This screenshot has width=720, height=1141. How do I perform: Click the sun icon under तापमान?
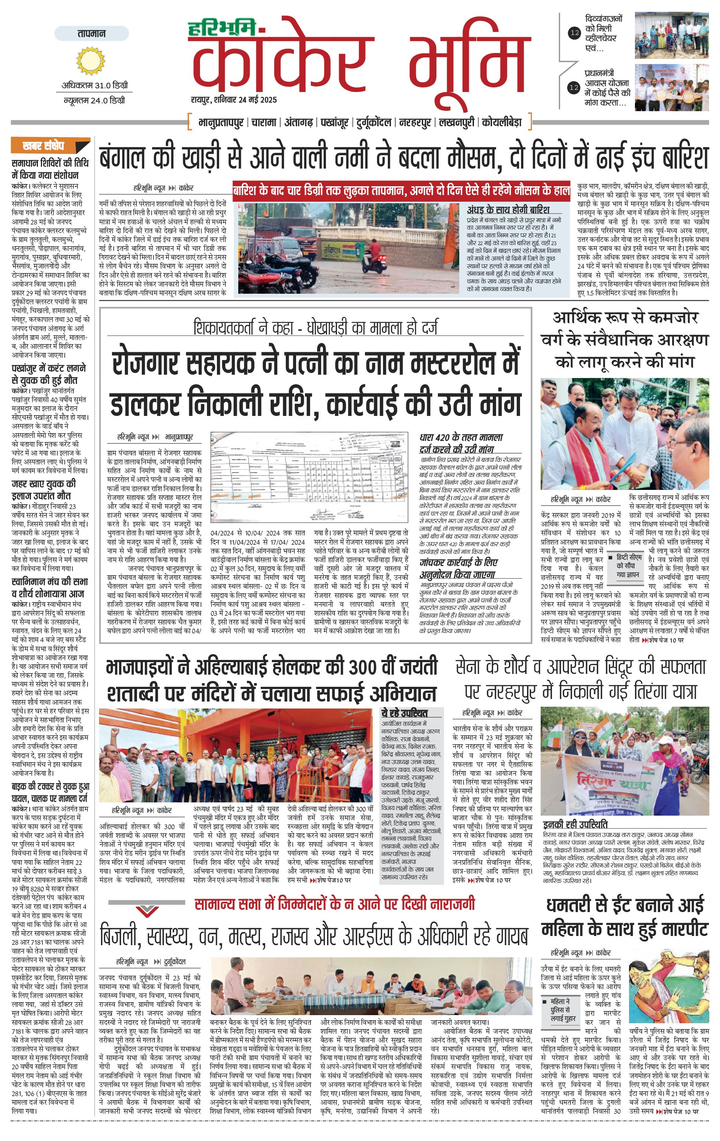click(x=90, y=61)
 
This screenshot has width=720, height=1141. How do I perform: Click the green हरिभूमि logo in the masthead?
click(x=221, y=29)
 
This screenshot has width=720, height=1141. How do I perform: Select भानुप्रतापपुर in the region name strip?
click(x=222, y=123)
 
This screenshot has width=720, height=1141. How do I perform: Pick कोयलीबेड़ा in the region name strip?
click(x=502, y=123)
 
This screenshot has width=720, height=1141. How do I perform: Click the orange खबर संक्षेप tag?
click(x=50, y=145)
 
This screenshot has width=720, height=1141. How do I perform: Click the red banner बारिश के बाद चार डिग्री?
click(x=401, y=191)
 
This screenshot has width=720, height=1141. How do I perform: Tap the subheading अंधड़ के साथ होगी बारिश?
click(x=508, y=209)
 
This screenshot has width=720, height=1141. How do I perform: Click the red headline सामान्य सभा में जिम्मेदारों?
click(x=335, y=904)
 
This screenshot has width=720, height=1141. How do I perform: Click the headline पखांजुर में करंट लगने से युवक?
click(x=49, y=374)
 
